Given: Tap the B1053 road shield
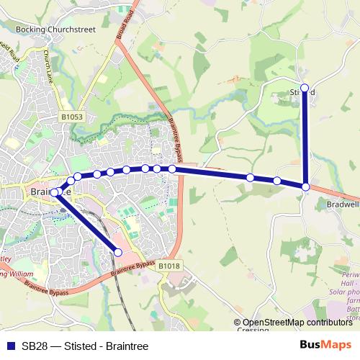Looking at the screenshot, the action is pos(72,115).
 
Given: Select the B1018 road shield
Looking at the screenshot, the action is pos(168,266).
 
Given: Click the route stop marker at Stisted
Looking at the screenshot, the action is pos(305,88).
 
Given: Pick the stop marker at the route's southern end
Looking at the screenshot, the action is pos(119,251).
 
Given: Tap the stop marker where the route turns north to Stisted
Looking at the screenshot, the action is pos(306,187).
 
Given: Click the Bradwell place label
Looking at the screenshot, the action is pos(341,203).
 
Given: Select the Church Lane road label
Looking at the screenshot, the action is pos(48,65).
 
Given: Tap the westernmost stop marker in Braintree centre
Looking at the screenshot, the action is pos(54,192).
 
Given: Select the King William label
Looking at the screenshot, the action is pos(16,274).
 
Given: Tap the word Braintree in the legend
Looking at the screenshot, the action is pos(127,346).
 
